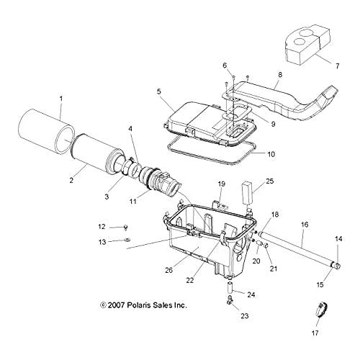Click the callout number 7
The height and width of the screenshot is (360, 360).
pyautogui.click(x=338, y=66)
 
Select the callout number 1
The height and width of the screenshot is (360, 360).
pyautogui.click(x=61, y=99)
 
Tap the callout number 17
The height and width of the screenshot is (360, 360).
pyautogui.click(x=315, y=333)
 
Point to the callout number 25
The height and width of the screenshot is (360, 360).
pyautogui.click(x=270, y=181)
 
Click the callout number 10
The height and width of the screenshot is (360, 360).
pyautogui.click(x=271, y=154)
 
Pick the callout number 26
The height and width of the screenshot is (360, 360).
pyautogui.click(x=169, y=270)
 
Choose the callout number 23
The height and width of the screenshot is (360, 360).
pyautogui.click(x=245, y=316)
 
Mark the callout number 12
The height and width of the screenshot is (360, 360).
pyautogui.click(x=102, y=226)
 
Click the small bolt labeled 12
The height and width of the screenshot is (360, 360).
pyautogui.click(x=125, y=227)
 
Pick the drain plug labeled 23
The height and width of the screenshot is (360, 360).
pyautogui.click(x=230, y=300)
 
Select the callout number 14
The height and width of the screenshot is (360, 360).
pyautogui.click(x=338, y=239)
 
